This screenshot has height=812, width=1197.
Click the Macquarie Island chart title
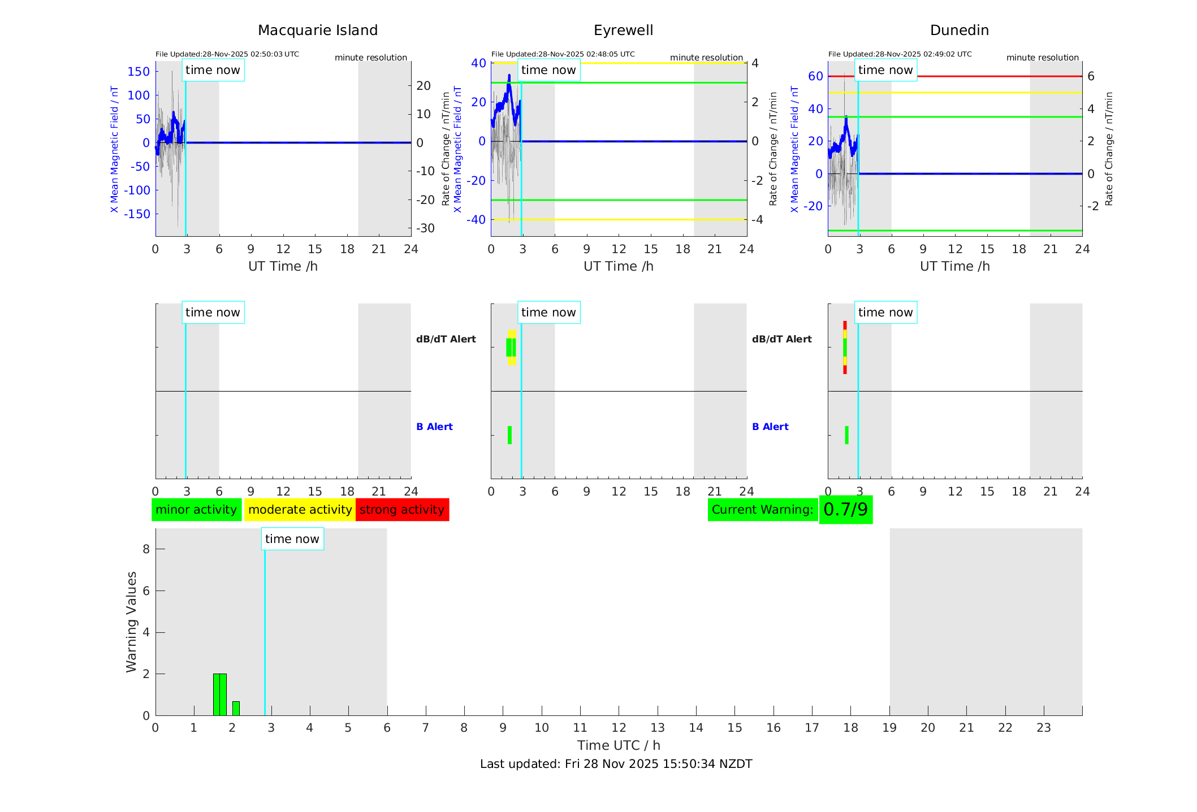click(x=317, y=31)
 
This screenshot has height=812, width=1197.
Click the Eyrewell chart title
click(x=623, y=31)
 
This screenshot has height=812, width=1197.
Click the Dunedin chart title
click(x=959, y=31)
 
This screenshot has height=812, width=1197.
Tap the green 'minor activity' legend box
click(x=196, y=510)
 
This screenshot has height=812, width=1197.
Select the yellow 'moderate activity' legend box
click(x=300, y=510)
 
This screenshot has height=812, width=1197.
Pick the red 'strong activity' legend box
click(x=402, y=510)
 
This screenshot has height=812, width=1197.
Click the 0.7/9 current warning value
click(x=845, y=510)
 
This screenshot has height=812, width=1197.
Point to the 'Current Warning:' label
click(x=762, y=510)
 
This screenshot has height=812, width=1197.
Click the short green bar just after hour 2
click(x=236, y=708)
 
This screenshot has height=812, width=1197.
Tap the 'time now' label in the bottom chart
click(x=292, y=539)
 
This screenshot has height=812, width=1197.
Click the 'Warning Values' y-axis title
click(x=132, y=622)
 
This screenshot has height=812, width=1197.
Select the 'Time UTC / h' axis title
click(x=619, y=745)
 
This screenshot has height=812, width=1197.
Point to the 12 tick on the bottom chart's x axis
click(x=619, y=728)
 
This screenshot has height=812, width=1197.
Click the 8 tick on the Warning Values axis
click(x=146, y=549)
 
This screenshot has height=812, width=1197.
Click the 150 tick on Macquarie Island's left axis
click(x=139, y=72)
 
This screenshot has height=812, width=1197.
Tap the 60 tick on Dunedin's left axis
click(x=815, y=76)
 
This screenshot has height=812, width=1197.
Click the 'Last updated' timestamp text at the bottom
click(x=616, y=764)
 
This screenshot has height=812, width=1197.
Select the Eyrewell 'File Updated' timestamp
click(x=563, y=54)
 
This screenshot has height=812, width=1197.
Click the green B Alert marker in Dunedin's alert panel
click(x=846, y=435)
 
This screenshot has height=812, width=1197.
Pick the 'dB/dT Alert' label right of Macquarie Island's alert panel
click(x=446, y=339)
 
